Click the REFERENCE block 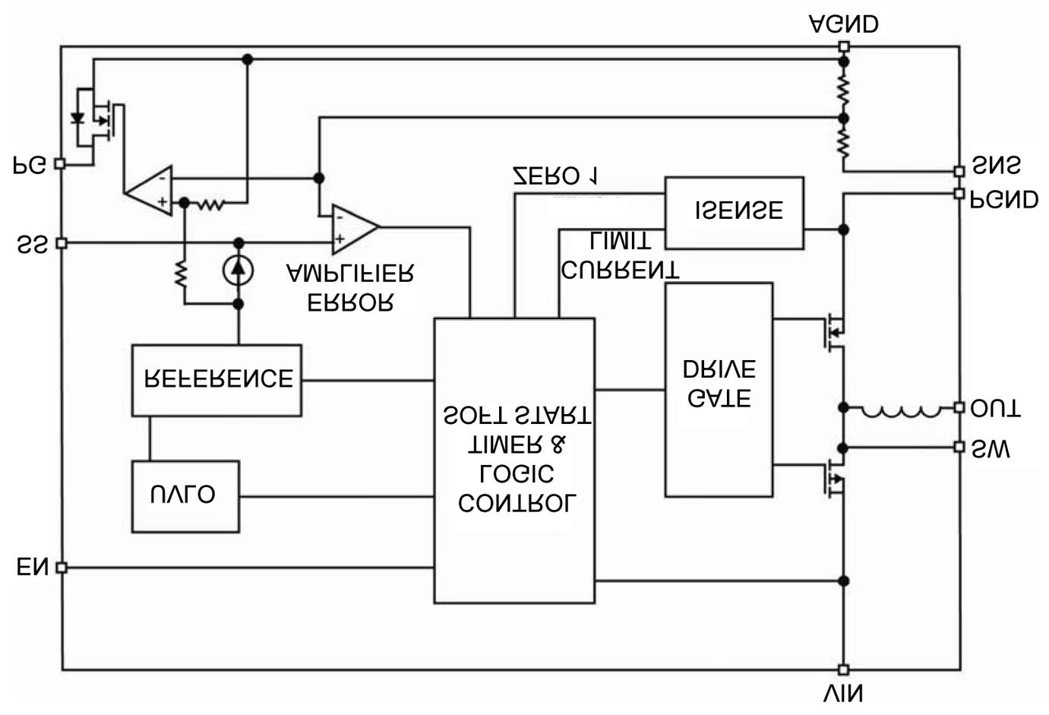click(216, 380)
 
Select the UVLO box click(185, 496)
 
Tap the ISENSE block click(734, 213)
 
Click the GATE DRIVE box click(719, 390)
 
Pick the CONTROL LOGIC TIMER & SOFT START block click(514, 460)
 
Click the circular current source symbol click(239, 269)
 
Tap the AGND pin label click(843, 24)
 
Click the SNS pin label click(997, 166)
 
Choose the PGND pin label click(1005, 200)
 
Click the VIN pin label click(843, 693)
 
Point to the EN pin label click(32, 568)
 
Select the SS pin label click(32, 244)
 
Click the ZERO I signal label click(555, 176)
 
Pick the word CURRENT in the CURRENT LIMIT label click(620, 269)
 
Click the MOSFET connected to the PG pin click(99, 119)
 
